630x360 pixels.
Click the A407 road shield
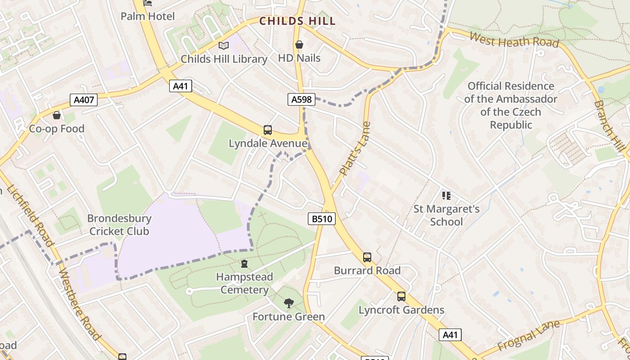click(x=84, y=99)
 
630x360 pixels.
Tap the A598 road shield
click(x=301, y=99)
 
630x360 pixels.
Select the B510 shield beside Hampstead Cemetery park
click(x=322, y=219)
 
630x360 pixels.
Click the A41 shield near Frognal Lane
click(x=450, y=334)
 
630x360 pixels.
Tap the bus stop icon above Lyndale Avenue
click(x=268, y=130)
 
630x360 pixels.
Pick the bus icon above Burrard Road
click(x=367, y=257)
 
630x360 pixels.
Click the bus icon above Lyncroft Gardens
click(x=401, y=297)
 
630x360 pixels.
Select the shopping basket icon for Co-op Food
click(x=57, y=116)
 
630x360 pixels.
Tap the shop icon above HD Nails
click(x=299, y=45)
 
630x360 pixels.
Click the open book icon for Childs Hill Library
click(x=224, y=45)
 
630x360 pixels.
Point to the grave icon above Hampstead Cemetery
click(x=244, y=263)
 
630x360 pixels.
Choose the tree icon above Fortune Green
click(x=288, y=303)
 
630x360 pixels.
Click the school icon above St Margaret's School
click(x=446, y=195)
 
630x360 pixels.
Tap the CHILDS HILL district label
click(x=297, y=21)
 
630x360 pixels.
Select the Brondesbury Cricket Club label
click(x=119, y=225)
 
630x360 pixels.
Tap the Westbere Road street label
click(x=80, y=304)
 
